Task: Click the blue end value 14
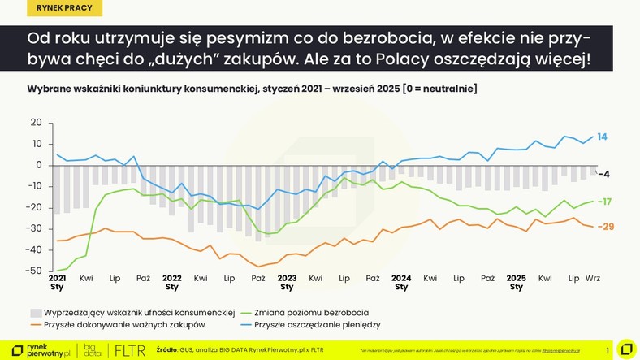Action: pyautogui.click(x=602, y=137)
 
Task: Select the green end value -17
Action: pyautogui.click(x=603, y=202)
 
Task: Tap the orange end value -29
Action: pyautogui.click(x=605, y=227)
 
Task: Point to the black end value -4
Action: pyautogui.click(x=603, y=174)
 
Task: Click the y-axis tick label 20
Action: pyautogui.click(x=36, y=123)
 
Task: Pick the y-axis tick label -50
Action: pyautogui.click(x=33, y=271)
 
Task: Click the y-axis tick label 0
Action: pyautogui.click(x=38, y=165)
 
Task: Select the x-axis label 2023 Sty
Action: pyautogui.click(x=287, y=282)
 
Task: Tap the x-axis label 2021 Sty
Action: pyautogui.click(x=57, y=282)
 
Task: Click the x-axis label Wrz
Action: pyautogui.click(x=592, y=278)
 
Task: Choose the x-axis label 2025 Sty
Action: pyautogui.click(x=516, y=282)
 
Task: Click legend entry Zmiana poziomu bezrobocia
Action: pyautogui.click(x=312, y=312)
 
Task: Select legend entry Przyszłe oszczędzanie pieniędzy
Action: pyautogui.click(x=317, y=325)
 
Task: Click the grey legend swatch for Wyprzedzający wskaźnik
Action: pyautogui.click(x=36, y=312)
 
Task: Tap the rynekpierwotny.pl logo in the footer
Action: pyautogui.click(x=40, y=350)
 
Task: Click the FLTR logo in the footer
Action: pyautogui.click(x=130, y=350)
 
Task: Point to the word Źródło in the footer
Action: pyautogui.click(x=168, y=350)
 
